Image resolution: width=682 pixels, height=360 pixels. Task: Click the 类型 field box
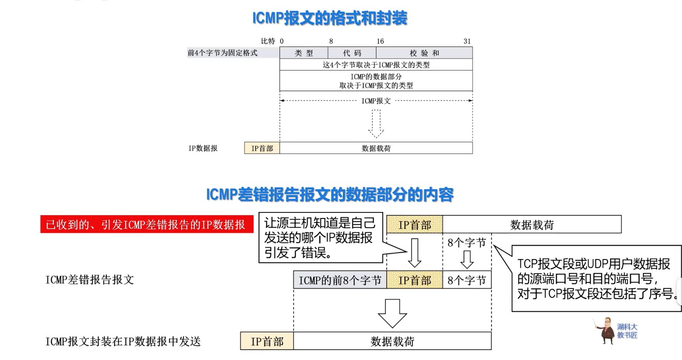coord(304,53)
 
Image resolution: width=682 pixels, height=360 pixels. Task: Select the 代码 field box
coord(352,53)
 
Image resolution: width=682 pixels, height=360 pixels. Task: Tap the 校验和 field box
coord(424,53)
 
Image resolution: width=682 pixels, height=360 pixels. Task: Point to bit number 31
coord(467,41)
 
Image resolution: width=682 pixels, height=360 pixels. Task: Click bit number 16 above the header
coord(380,41)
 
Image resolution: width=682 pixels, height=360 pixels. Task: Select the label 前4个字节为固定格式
coord(223,53)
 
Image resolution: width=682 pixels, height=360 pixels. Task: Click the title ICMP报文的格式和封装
coord(330,18)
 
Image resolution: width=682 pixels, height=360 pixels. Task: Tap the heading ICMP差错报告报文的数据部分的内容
coord(330,195)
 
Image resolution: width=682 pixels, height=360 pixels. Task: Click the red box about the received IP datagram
coord(147,225)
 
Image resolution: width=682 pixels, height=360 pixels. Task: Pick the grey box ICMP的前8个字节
coord(340,280)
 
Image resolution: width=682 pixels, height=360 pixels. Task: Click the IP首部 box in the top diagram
coord(262,148)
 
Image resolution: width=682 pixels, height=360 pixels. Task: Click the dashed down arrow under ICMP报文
coord(376,124)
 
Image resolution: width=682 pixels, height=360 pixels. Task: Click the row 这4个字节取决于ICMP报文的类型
coord(376,65)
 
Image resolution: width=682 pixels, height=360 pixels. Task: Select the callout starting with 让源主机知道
coord(320,238)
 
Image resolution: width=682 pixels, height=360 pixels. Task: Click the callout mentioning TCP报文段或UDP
coord(596,279)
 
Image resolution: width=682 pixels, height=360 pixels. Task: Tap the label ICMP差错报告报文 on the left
coord(90,279)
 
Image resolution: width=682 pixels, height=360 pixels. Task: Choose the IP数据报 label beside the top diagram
coord(203,148)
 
